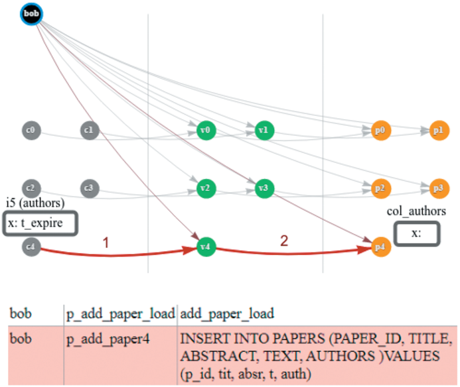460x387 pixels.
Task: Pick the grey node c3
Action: click(x=89, y=188)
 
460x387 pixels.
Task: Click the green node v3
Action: click(x=263, y=188)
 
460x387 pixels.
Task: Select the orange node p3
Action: click(x=437, y=188)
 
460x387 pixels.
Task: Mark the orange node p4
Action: click(x=379, y=247)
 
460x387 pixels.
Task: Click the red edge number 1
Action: click(x=106, y=243)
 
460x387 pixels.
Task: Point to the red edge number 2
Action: click(x=283, y=241)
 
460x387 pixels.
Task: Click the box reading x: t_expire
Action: click(x=42, y=223)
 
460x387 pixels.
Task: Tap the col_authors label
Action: click(x=416, y=211)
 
